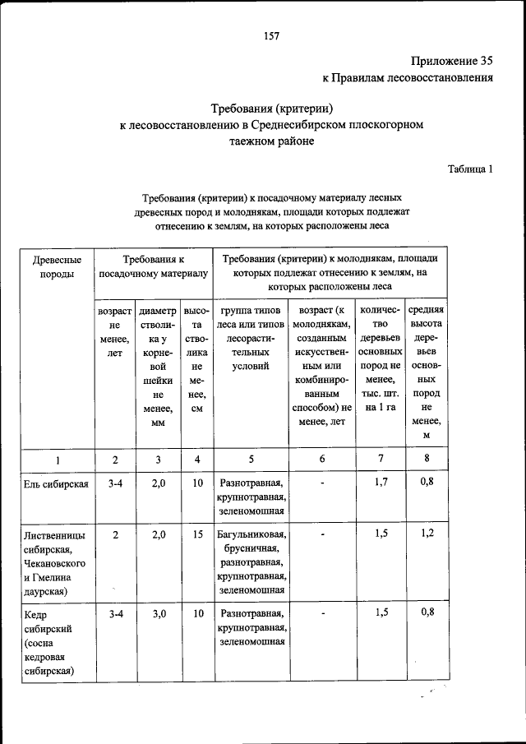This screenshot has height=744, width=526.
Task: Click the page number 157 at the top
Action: [x=272, y=35]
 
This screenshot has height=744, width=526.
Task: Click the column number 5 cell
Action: [x=250, y=460]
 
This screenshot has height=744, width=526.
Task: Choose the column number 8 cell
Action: [x=426, y=460]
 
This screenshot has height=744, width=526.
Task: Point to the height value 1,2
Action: [x=426, y=534]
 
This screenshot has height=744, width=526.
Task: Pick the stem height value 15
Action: [x=197, y=534]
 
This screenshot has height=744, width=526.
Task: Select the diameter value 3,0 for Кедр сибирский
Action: [x=159, y=613]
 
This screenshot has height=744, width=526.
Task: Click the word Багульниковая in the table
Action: [x=250, y=535]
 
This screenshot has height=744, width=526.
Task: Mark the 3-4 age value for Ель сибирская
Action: [x=115, y=483]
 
